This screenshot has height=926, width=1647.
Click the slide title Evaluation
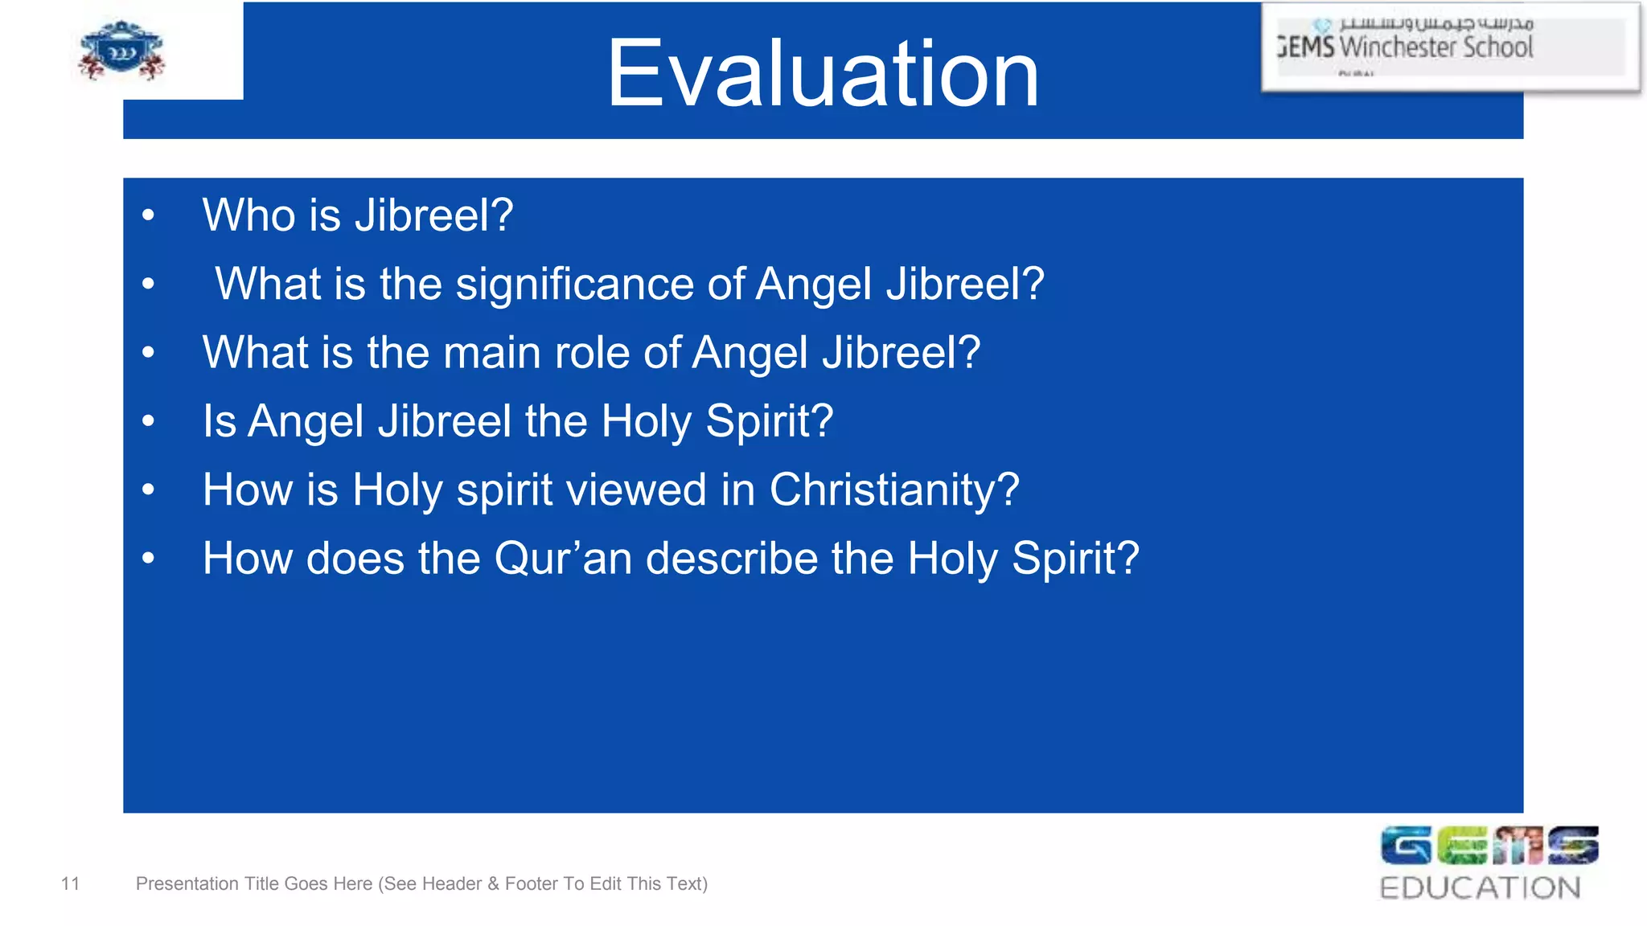tap(822, 74)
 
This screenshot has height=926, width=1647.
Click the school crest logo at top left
tap(121, 51)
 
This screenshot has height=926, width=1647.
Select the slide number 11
tap(70, 884)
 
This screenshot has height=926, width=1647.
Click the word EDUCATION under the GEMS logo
tap(1480, 888)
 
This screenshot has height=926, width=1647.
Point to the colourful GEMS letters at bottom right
tap(1489, 846)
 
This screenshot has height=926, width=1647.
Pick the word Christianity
tap(893, 490)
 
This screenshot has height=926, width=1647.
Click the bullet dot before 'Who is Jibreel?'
tap(148, 215)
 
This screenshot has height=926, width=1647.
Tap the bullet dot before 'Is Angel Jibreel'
tap(148, 421)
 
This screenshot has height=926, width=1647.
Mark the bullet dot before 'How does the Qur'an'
tap(148, 559)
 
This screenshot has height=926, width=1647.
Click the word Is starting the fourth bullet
tap(219, 421)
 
